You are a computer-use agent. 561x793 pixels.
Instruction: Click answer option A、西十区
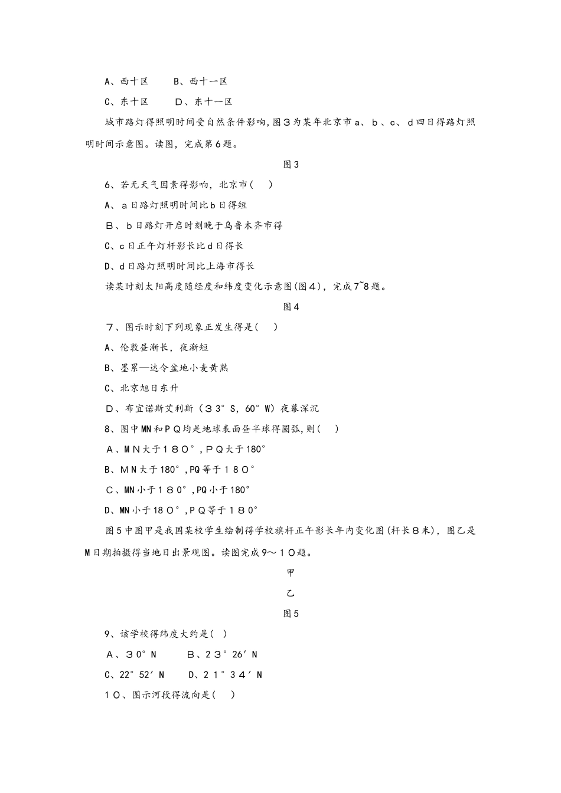coord(126,81)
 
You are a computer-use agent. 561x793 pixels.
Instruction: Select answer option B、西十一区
coord(200,81)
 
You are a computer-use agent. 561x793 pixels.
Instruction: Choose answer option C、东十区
coord(126,101)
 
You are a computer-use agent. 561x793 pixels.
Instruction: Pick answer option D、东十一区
coord(204,101)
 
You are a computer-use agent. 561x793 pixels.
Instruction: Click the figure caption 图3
coord(291,165)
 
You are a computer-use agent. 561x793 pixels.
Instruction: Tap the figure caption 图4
coord(291,307)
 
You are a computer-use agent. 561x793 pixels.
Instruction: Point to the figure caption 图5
coord(291,614)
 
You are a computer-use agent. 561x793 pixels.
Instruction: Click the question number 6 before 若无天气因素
coord(108,185)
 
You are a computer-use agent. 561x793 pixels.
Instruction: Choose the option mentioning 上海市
coord(180,266)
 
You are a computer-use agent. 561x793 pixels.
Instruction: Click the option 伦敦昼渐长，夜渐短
coord(156,348)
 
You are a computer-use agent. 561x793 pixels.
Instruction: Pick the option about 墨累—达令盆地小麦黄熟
coord(166,368)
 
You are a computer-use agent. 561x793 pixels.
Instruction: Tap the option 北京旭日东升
coord(141,388)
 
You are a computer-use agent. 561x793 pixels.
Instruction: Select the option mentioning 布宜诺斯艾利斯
coord(212,408)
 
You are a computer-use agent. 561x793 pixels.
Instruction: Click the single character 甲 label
coord(291,573)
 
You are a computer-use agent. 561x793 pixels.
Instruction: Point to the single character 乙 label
coord(291,593)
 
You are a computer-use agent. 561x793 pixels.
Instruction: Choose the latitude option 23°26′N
coord(222,654)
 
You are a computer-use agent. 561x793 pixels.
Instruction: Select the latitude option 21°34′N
coord(226,674)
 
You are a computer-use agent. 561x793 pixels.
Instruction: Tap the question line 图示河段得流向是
coord(170,695)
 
